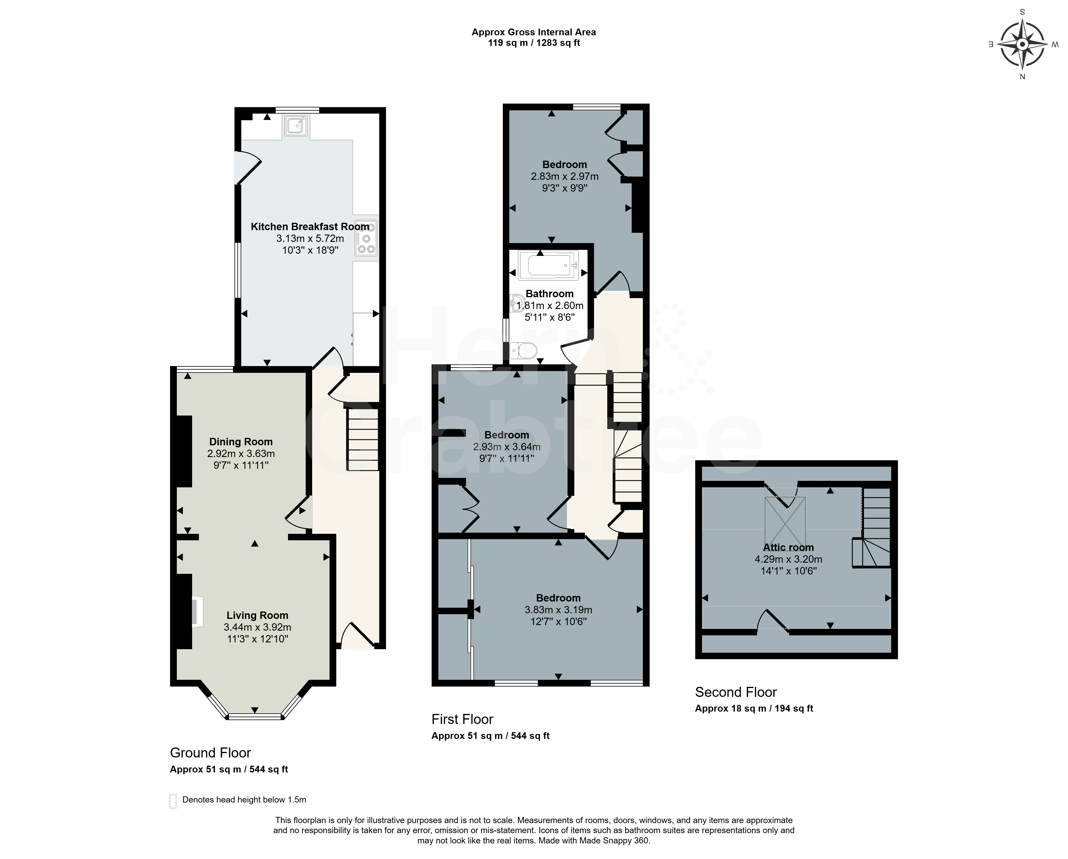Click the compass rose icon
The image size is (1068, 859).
pos(1022,44)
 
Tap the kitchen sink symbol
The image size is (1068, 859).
pos(296,125)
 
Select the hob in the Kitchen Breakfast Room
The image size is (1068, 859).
pos(366,238)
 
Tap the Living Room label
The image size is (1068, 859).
pos(257,615)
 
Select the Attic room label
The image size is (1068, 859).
pos(788,547)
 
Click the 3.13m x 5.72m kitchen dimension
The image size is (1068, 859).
pos(310,239)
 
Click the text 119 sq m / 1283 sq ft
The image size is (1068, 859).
pos(534,43)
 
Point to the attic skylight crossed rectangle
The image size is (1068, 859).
pos(785,521)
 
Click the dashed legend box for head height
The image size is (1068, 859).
pos(173,801)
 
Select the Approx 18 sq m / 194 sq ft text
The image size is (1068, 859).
pos(754,708)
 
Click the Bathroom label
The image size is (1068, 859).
pos(549,294)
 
